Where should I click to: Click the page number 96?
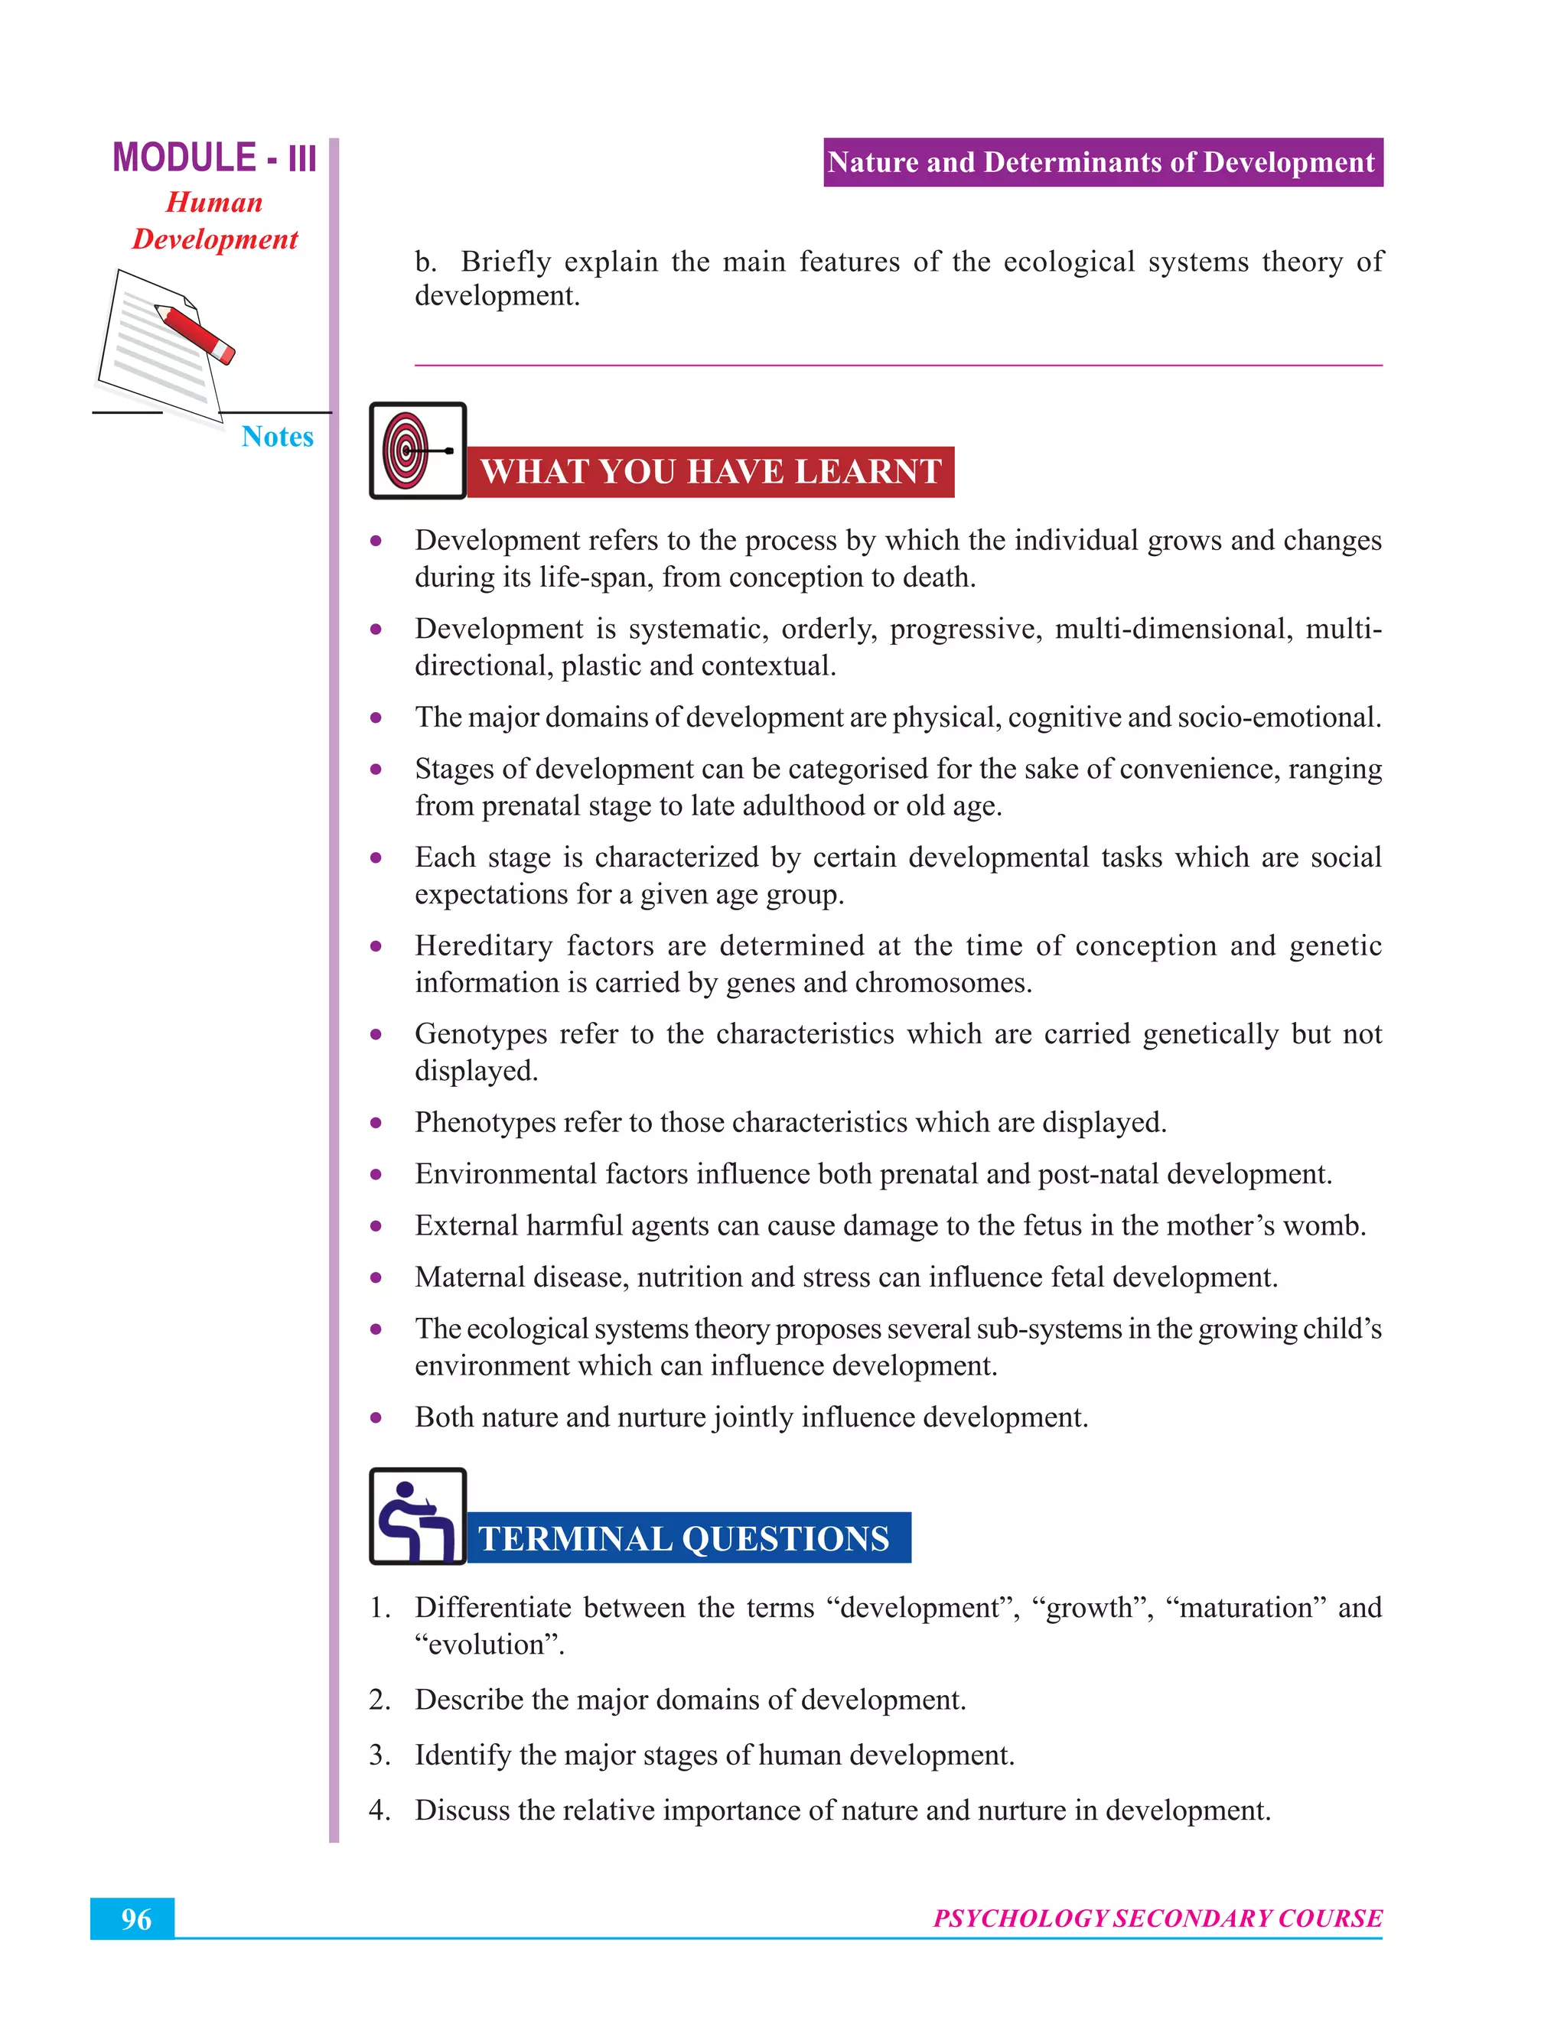(x=135, y=1918)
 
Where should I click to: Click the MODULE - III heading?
(x=214, y=158)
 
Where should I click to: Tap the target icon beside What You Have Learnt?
(x=418, y=451)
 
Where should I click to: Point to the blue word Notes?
(x=277, y=436)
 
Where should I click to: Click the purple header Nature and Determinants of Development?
(x=1102, y=162)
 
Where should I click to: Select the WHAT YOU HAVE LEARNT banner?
(x=710, y=471)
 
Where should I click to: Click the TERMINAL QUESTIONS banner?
(x=687, y=1538)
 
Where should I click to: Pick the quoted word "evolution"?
(x=489, y=1644)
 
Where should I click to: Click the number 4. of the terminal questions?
(x=379, y=1810)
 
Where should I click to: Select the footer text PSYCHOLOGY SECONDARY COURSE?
(x=1158, y=1918)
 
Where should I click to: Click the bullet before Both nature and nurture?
(x=376, y=1417)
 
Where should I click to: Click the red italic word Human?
(x=214, y=203)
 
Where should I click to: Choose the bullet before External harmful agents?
(x=376, y=1226)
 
